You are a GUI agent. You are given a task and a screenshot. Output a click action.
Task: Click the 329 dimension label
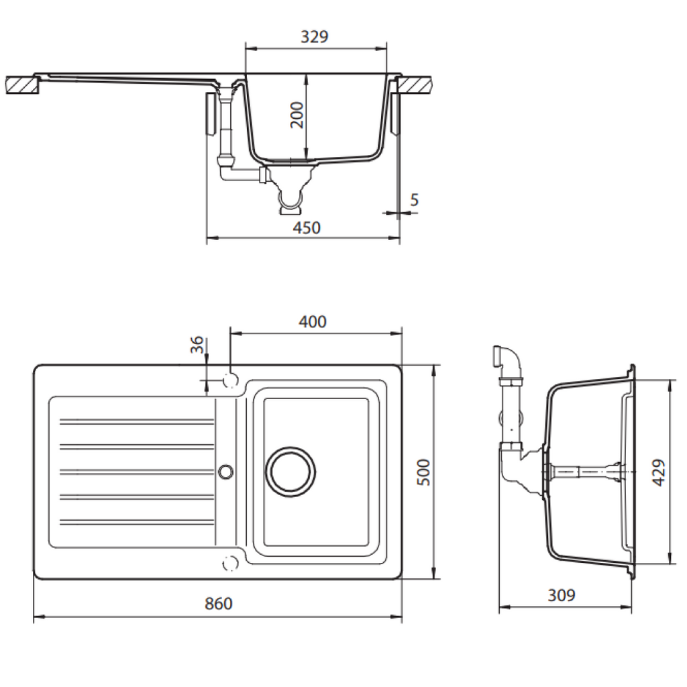coord(314,37)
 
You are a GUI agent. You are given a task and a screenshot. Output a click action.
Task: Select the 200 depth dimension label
coord(297,115)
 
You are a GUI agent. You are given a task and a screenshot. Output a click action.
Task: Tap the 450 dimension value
coord(307,228)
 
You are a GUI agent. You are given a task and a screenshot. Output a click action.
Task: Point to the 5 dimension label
coord(414,199)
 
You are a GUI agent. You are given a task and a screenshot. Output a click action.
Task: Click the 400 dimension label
coord(313,322)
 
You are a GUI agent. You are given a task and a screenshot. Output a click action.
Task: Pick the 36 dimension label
coord(197,345)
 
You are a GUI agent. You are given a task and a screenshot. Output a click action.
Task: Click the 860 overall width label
coord(218,604)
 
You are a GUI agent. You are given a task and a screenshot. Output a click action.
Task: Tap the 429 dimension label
coord(658,472)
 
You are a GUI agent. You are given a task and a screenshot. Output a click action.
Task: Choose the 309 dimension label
coord(562,595)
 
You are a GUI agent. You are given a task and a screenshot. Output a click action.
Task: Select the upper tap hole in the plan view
coord(229,380)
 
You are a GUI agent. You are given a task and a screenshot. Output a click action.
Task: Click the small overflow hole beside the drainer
coord(226,471)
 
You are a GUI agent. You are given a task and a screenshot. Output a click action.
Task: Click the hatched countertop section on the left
coord(22,85)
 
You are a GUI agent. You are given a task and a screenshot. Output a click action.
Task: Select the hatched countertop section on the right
coord(415,85)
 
